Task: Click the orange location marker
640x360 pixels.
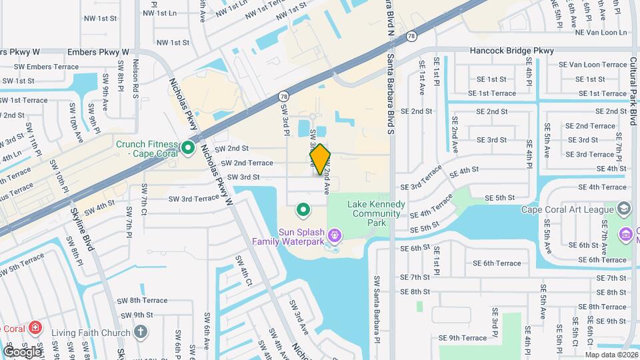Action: click(320, 159)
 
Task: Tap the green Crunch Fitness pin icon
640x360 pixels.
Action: click(188, 148)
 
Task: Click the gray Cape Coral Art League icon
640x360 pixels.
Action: click(623, 209)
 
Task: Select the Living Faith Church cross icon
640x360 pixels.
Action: click(140, 331)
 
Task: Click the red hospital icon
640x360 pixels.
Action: click(35, 329)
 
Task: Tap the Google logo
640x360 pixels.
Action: click(22, 351)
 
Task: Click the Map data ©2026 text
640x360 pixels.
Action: click(611, 354)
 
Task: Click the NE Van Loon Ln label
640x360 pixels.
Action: click(602, 32)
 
